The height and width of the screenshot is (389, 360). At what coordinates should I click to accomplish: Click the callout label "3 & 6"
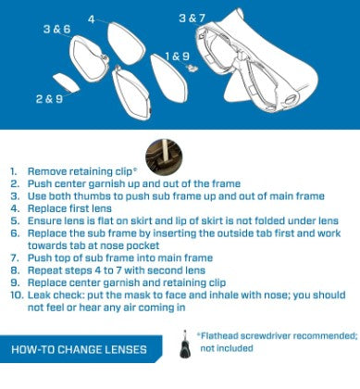[x=57, y=29]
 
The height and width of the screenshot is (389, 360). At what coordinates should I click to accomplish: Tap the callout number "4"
[x=92, y=19]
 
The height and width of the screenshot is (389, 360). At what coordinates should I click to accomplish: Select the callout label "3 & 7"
[x=192, y=18]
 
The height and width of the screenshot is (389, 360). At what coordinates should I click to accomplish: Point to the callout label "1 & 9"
[x=177, y=56]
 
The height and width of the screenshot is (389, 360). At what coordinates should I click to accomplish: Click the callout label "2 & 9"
[x=49, y=99]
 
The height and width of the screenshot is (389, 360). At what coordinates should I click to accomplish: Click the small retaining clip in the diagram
[x=192, y=68]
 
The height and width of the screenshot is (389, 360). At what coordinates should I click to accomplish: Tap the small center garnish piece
[x=66, y=82]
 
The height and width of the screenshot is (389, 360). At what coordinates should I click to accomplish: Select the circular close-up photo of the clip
[x=164, y=157]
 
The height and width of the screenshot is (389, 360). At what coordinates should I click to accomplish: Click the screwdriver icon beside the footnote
[x=185, y=345]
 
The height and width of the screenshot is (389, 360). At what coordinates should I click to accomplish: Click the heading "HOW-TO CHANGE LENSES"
[x=79, y=349]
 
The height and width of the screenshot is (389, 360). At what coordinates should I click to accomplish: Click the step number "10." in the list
[x=17, y=295]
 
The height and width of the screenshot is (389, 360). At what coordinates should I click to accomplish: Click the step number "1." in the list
[x=14, y=171]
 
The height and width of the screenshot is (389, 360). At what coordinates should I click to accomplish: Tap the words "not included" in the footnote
[x=227, y=348]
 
